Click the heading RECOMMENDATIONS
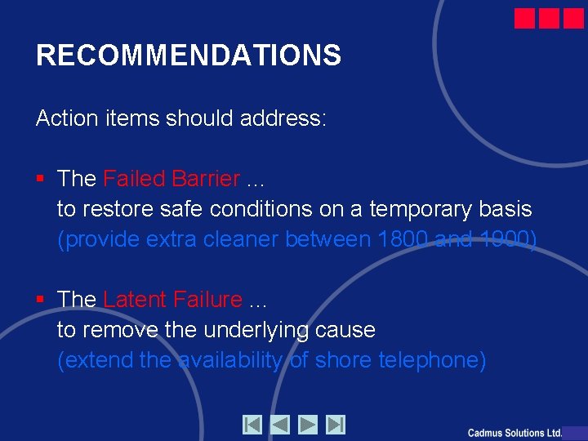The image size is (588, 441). (x=189, y=56)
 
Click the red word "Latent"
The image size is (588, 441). (x=136, y=300)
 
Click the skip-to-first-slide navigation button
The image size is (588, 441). (x=252, y=425)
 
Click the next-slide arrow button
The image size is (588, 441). (x=307, y=425)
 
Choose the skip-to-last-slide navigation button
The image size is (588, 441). (x=335, y=425)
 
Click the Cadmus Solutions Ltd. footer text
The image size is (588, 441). (x=514, y=433)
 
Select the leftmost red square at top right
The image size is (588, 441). (x=525, y=18)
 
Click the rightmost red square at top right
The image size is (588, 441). (x=573, y=18)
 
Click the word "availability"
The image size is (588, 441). (x=231, y=360)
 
